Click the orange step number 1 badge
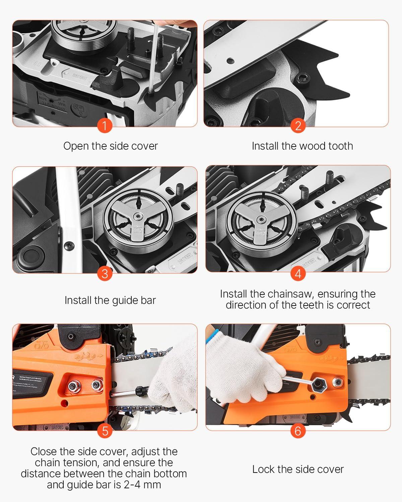105,126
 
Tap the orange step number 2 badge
298,126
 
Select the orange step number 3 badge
105,273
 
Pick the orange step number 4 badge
298,273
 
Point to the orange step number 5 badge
105,431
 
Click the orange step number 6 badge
298,431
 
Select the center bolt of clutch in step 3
138,218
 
